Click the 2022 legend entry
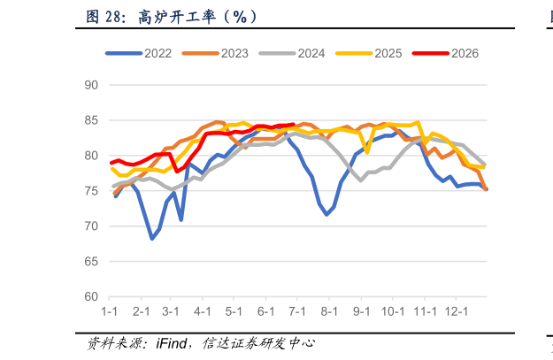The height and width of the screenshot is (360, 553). coord(139,53)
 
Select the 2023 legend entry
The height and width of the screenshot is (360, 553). coord(215,53)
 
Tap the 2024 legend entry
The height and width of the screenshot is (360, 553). coord(292,53)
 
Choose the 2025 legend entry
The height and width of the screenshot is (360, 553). coord(369,53)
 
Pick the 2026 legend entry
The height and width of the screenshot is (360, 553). coord(445,53)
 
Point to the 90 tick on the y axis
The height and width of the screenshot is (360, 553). coord(91,85)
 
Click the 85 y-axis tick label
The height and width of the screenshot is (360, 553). coord(91,120)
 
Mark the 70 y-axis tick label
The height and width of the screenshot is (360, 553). coord(91,226)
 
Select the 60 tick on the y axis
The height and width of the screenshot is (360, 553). coord(91,296)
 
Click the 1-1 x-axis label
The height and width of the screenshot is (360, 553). coord(110,311)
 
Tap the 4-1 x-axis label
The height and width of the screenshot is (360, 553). coord(203,311)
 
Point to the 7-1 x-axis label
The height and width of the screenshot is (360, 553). coord(297,311)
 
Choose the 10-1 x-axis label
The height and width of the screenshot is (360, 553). coord(393,311)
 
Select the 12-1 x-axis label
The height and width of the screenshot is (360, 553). coord(456,311)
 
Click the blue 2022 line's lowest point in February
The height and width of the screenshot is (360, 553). coord(152,239)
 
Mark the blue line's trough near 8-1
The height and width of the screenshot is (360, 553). coord(326,214)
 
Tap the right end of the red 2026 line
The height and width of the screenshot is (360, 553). coord(294,124)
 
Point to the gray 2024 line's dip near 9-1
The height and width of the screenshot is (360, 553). coord(361,180)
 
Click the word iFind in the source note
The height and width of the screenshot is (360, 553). coord(172,343)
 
